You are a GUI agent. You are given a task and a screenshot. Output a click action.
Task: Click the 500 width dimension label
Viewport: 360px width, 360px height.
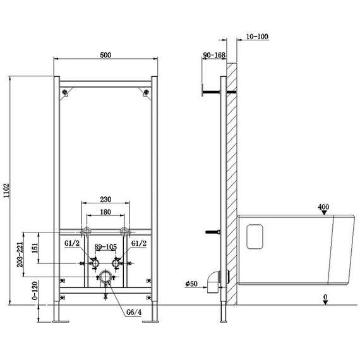click(105, 55)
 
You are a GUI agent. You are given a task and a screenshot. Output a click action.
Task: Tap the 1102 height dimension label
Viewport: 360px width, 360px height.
click(6, 190)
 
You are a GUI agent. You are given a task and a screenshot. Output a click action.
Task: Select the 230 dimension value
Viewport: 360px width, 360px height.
click(105, 200)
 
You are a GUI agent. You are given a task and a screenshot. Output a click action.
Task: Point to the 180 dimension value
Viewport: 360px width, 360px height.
click(105, 212)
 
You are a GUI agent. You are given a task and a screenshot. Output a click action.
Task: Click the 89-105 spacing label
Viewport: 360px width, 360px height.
click(105, 247)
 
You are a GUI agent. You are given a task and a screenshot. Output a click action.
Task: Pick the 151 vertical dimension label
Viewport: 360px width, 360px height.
click(35, 248)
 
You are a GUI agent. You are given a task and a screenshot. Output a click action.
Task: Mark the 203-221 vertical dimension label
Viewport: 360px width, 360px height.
click(20, 255)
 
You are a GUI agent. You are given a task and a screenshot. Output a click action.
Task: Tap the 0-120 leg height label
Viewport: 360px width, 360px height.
click(35, 291)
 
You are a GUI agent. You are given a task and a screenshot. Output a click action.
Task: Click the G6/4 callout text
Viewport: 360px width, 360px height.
click(134, 312)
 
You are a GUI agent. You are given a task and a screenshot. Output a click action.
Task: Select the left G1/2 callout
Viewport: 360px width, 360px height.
click(72, 243)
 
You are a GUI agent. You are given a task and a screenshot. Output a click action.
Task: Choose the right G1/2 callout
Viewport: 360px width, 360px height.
click(139, 243)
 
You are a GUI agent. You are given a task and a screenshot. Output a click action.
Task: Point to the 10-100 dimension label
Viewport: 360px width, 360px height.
click(257, 37)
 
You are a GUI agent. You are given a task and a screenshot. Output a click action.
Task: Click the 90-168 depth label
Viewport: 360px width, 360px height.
click(214, 55)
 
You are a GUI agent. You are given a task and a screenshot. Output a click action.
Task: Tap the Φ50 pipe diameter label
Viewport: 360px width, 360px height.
click(191, 284)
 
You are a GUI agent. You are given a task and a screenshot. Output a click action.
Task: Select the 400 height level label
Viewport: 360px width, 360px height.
click(323, 207)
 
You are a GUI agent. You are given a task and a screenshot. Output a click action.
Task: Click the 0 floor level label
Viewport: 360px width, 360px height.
click(325, 297)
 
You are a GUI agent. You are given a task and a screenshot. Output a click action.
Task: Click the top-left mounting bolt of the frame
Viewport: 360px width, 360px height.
click(65, 92)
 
